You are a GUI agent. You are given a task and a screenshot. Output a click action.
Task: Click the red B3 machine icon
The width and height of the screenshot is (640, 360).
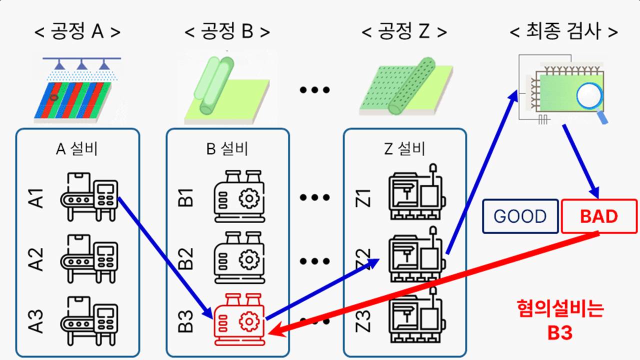point(239,320)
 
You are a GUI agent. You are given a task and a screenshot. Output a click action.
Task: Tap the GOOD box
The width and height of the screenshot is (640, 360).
point(520,216)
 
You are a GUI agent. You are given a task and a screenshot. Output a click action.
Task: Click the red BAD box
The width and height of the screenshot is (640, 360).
point(599,216)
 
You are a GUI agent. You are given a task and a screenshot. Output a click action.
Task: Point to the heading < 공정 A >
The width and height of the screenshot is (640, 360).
point(77,32)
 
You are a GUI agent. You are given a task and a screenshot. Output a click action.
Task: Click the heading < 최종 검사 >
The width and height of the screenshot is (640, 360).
point(563,32)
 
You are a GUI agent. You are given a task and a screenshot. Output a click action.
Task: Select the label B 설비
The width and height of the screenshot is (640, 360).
point(227,148)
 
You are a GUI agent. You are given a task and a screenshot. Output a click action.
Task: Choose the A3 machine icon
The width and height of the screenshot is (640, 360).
point(89,320)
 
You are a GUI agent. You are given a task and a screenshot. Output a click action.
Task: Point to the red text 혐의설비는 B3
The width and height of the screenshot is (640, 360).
point(559,320)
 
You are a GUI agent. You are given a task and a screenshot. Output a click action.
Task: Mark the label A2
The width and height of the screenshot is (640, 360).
point(38,259)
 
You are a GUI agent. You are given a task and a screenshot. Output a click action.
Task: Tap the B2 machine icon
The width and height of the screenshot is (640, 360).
point(239,257)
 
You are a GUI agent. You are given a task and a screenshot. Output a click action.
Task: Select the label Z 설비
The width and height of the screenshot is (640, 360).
point(405,148)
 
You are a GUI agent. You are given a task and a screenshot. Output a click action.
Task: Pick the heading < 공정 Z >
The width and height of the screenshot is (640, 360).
point(404,32)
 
